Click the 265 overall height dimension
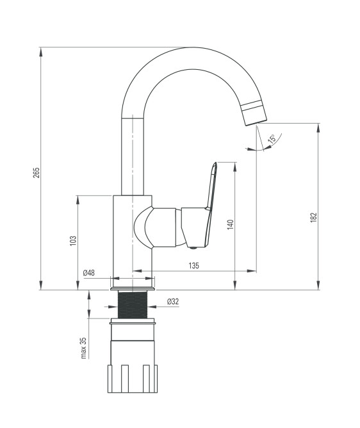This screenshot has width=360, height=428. [x=37, y=172]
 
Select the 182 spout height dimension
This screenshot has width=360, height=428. [x=314, y=217]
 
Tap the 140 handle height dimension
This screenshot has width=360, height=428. [x=231, y=224]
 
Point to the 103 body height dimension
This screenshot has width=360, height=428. [x=73, y=240]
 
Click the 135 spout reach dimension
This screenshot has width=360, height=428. [x=194, y=265]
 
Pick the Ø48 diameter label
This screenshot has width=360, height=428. [x=88, y=272]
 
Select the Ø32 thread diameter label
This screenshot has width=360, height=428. [x=173, y=301]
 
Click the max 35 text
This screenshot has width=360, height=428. [x=83, y=348]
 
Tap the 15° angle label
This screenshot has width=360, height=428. [x=272, y=139]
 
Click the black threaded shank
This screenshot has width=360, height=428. [x=133, y=304]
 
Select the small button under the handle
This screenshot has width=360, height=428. [x=193, y=248]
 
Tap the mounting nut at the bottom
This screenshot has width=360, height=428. [x=133, y=378]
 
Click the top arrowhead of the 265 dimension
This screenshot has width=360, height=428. [x=41, y=52]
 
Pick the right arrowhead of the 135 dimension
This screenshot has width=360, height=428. [x=252, y=271]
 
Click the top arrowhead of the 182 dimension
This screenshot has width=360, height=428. [x=318, y=128]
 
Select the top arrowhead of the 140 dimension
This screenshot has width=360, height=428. [x=234, y=167]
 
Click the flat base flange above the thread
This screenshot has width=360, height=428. [x=133, y=289]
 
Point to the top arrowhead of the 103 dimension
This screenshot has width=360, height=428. [x=78, y=200]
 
